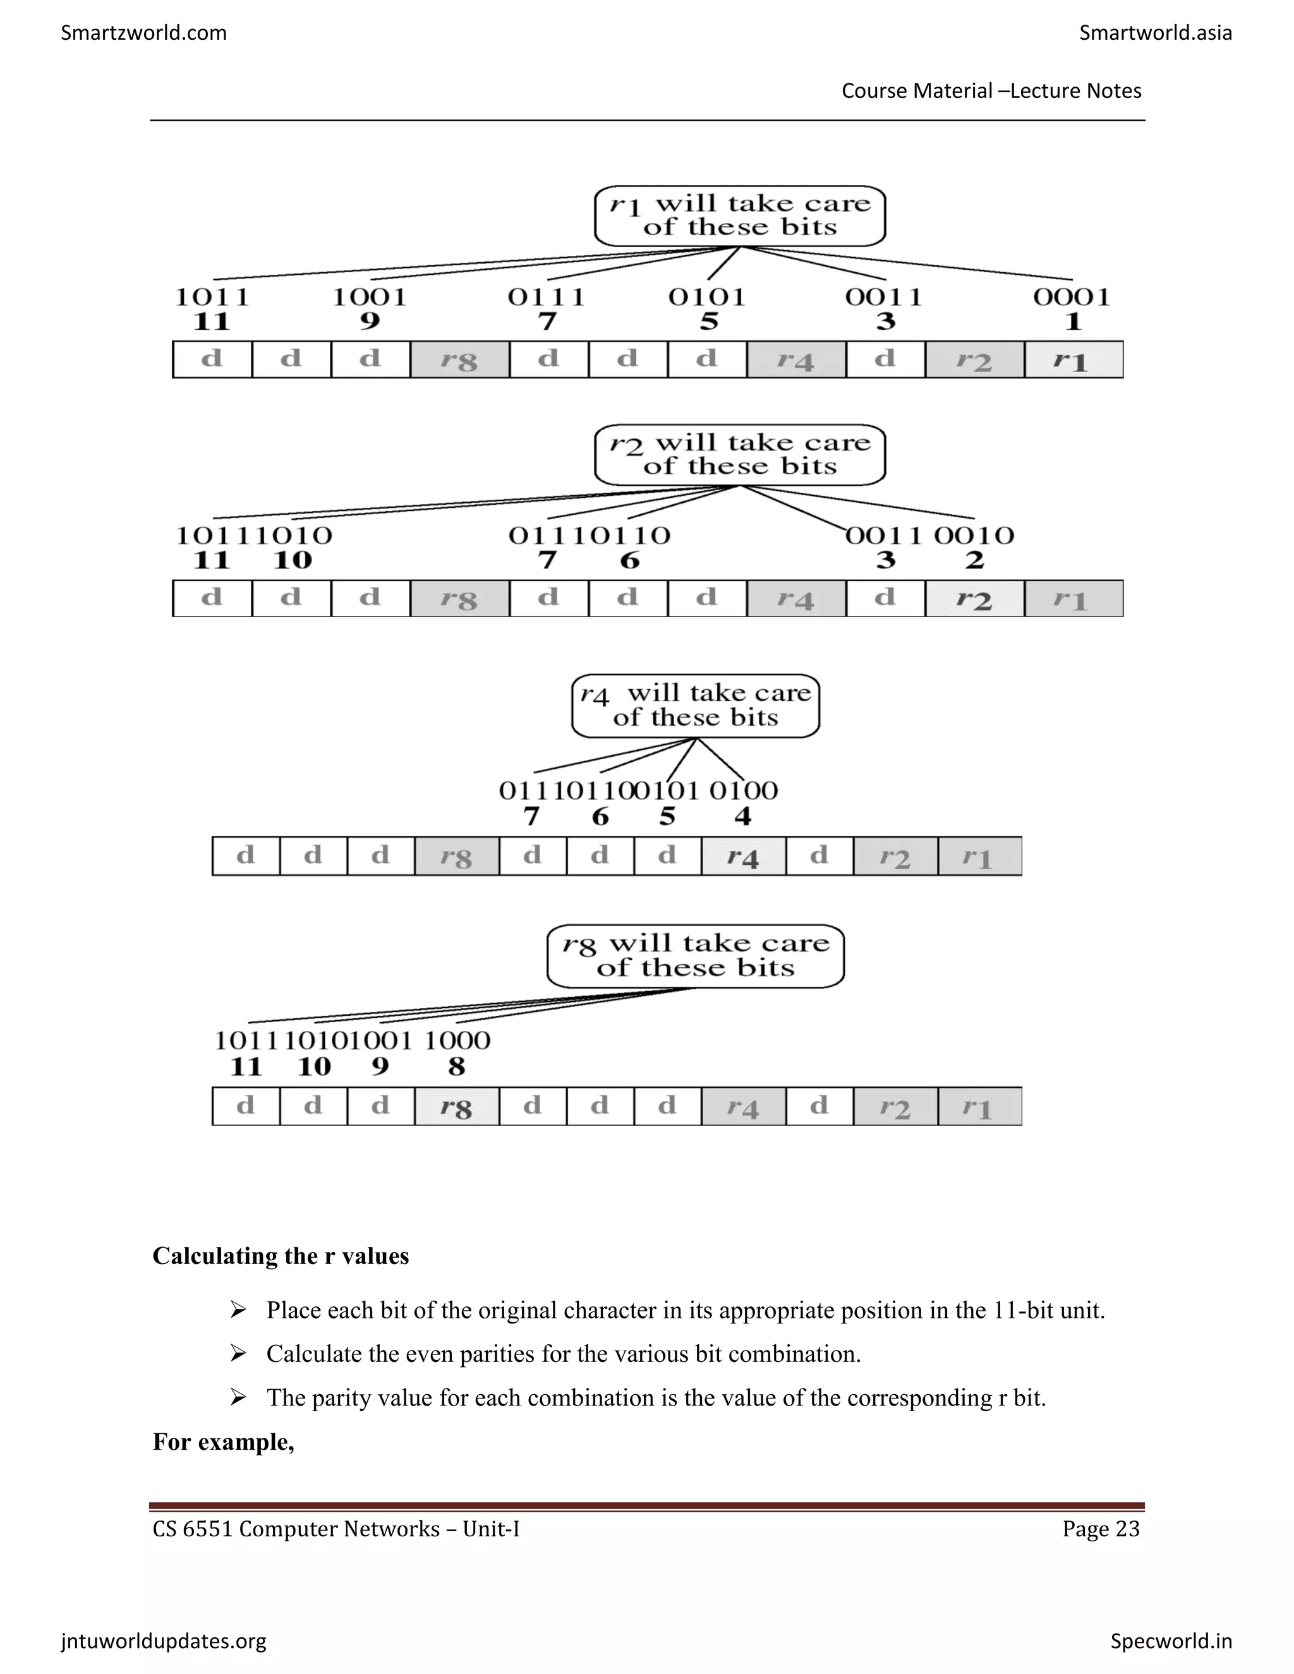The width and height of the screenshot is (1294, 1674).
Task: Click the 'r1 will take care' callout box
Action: pyautogui.click(x=740, y=215)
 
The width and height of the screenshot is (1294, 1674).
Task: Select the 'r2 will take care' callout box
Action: pyautogui.click(x=740, y=455)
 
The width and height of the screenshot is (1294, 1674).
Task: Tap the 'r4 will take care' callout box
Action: pyautogui.click(x=695, y=706)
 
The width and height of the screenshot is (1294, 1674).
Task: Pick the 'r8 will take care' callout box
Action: pyautogui.click(x=695, y=956)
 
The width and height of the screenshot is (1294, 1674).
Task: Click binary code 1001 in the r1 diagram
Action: pyautogui.click(x=370, y=297)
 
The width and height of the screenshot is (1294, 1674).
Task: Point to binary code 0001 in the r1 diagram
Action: pyautogui.click(x=1072, y=297)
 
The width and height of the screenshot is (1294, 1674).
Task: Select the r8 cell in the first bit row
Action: pyautogui.click(x=459, y=359)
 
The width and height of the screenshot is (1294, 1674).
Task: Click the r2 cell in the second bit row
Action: pyautogui.click(x=974, y=599)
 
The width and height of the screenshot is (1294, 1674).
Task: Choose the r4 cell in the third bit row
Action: pyautogui.click(x=743, y=856)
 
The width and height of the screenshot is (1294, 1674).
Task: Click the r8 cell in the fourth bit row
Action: pyautogui.click(x=456, y=1106)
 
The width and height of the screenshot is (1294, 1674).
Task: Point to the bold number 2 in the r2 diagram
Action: pyautogui.click(x=974, y=560)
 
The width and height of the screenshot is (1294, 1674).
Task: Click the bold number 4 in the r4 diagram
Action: pyautogui.click(x=743, y=816)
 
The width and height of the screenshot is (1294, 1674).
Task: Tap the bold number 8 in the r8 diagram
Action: pyautogui.click(x=456, y=1066)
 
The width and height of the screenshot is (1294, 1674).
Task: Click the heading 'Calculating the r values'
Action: pyautogui.click(x=281, y=1256)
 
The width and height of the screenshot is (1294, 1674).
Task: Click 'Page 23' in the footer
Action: pyautogui.click(x=1101, y=1529)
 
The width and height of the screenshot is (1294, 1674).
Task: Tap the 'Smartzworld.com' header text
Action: pyautogui.click(x=143, y=32)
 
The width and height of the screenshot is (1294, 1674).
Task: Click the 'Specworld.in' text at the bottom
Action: pyautogui.click(x=1171, y=1641)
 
